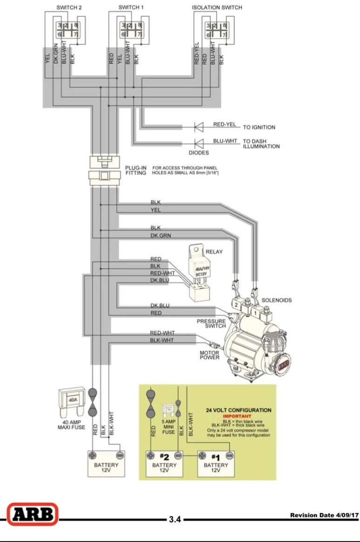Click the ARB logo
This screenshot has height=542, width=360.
(x=33, y=514)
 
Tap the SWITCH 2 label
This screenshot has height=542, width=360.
(x=69, y=7)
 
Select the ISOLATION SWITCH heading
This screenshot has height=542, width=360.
(x=217, y=7)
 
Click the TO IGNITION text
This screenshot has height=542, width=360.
(x=259, y=127)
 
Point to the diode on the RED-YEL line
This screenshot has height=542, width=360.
(x=199, y=127)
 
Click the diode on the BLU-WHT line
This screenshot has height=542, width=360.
(x=199, y=144)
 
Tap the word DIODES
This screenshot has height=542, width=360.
(x=199, y=152)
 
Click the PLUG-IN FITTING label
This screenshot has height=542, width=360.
(x=136, y=170)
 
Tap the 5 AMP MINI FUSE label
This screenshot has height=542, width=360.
(x=169, y=427)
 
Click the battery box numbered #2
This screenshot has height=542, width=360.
(x=164, y=464)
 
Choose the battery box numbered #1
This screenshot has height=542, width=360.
(x=216, y=464)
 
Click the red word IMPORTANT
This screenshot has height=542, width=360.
(x=237, y=416)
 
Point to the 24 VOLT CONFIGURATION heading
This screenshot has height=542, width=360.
(x=239, y=410)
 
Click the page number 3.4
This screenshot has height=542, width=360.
(x=175, y=519)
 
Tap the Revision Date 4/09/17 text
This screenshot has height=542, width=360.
(x=325, y=515)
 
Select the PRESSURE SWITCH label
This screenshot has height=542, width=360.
(x=211, y=323)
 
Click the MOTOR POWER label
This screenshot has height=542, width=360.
(x=210, y=355)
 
